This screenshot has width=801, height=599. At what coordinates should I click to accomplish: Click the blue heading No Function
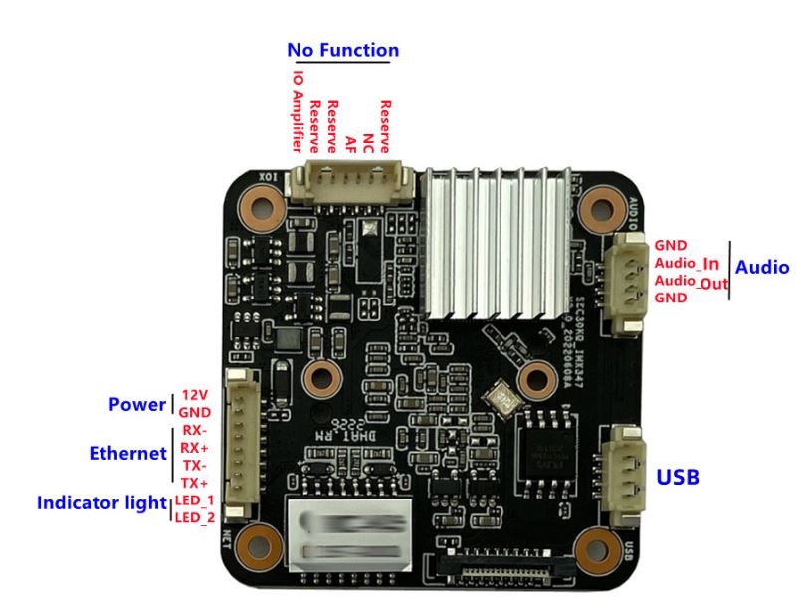pos(342,49)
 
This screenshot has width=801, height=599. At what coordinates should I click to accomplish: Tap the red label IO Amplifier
pos(298,109)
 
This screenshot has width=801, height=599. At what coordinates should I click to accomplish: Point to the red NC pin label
pos(367,139)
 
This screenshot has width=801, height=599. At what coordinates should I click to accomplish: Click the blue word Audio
pos(761,267)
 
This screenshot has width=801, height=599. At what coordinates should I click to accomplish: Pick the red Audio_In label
pos(687,264)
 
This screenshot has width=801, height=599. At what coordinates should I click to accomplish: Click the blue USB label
pos(677,478)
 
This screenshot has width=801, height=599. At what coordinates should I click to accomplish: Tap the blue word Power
pos(136,405)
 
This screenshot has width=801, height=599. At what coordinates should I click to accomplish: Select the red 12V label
pos(195,395)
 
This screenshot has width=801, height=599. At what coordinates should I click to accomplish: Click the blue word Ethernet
pos(127,454)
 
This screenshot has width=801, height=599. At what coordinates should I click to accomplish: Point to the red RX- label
pos(193,431)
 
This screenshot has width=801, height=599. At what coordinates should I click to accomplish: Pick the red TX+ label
pos(194,483)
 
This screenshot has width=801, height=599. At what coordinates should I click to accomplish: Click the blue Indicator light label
pos(99,503)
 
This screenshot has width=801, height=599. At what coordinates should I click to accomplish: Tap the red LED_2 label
pos(194,517)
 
